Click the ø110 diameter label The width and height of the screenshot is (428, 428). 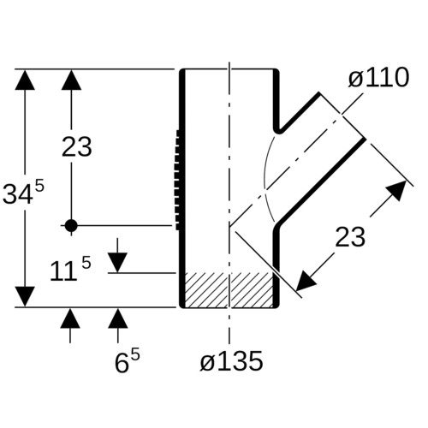pos(378,78)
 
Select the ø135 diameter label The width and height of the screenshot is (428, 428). pos(231,361)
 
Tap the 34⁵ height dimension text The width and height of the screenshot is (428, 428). pos(24,193)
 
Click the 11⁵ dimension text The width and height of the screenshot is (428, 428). pos(70,269)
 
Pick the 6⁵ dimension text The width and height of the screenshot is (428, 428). pos(128,361)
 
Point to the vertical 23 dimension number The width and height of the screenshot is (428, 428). pos(77,147)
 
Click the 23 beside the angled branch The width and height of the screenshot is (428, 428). pos(350,237)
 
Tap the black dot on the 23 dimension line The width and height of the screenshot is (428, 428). pos(71,226)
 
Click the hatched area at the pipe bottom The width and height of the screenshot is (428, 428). pos(229,289)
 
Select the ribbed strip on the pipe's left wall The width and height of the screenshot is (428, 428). pos(178,180)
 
